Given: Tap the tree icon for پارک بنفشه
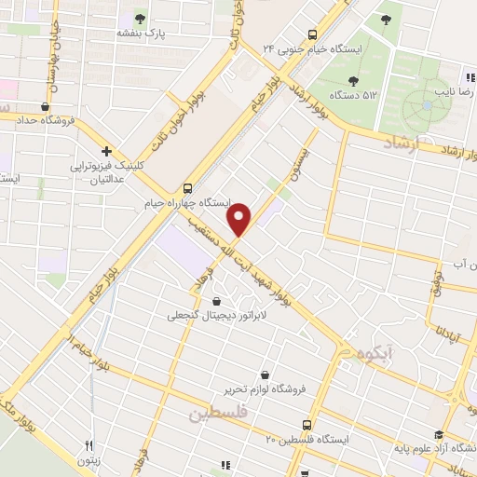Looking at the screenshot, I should pos(141,18).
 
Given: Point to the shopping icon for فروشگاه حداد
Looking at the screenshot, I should pos(45,106).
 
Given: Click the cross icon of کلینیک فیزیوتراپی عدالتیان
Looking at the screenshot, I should pos(107,151).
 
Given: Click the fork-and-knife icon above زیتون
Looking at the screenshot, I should pos(89,445).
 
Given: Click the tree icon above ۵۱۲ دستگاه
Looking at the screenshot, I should pos(353,80).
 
